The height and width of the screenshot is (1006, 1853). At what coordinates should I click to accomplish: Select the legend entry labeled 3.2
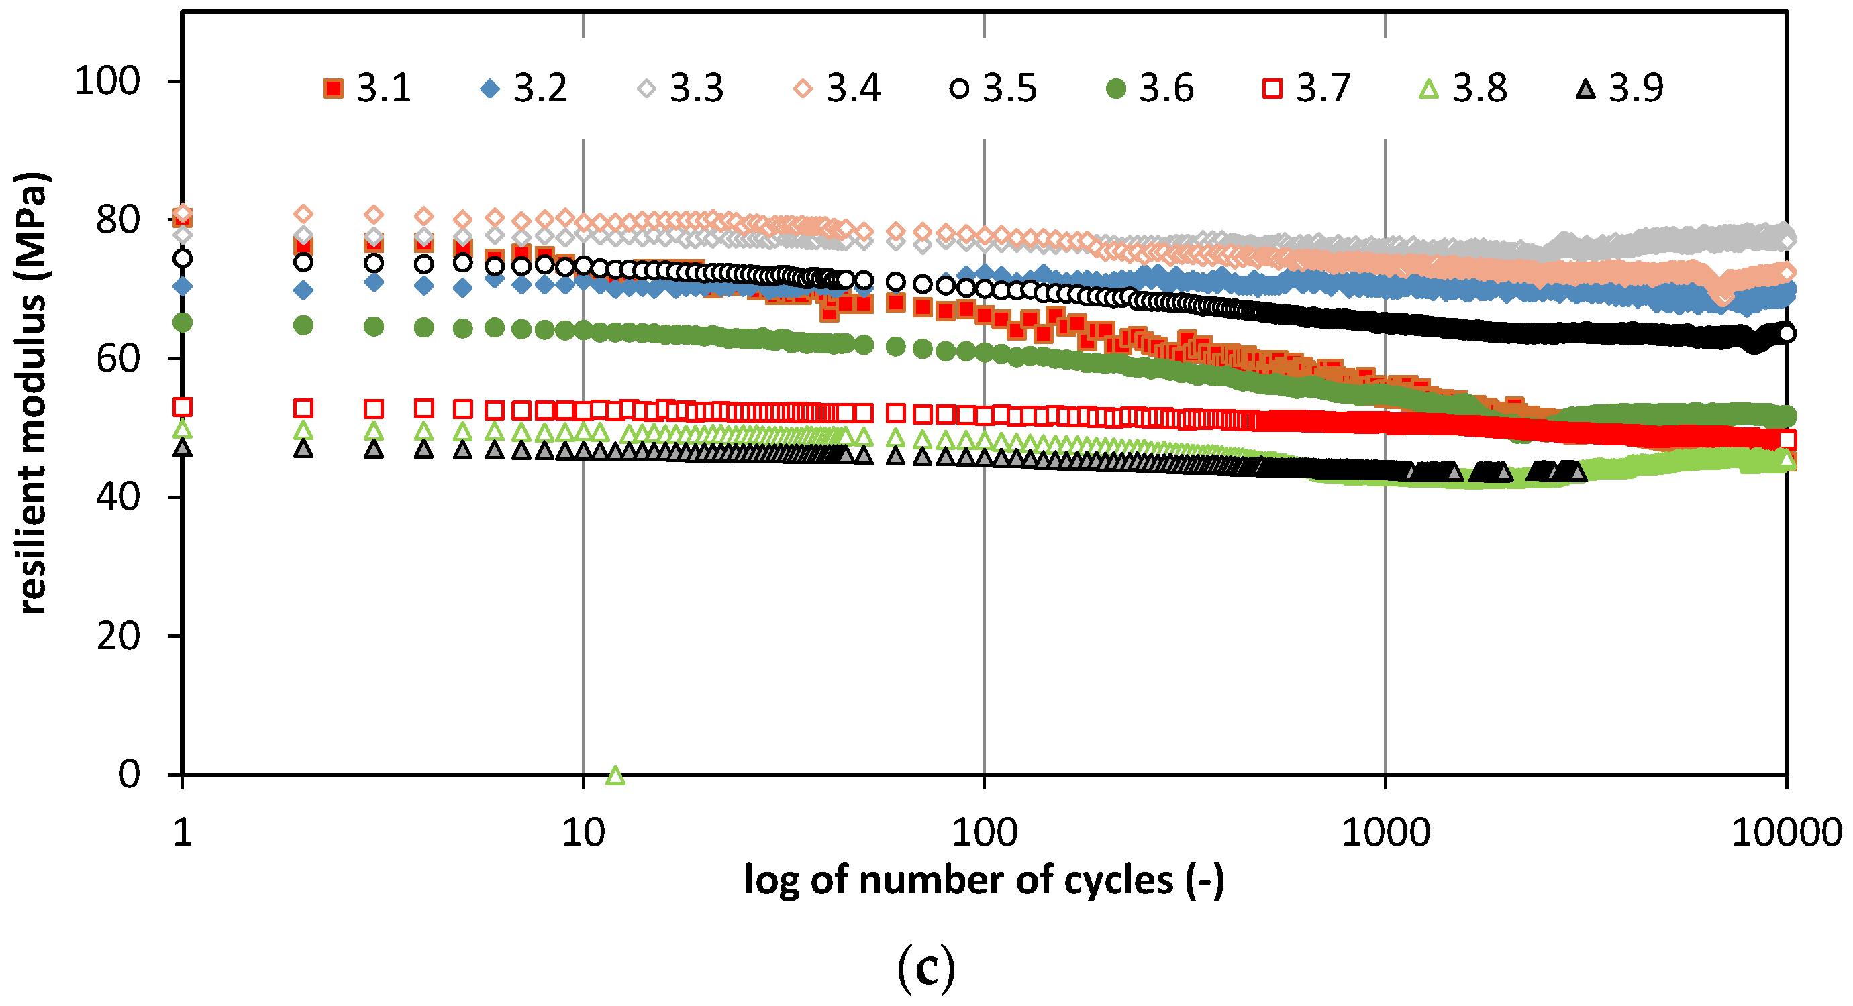524,89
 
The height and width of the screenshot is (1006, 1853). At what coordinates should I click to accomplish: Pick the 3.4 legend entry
838,89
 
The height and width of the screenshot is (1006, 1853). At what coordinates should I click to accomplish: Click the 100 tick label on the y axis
107,81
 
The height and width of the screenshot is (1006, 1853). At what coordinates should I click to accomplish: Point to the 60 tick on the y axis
118,358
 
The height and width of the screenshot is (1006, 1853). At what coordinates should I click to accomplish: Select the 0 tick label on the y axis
130,775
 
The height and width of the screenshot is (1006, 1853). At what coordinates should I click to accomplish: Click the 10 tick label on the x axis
583,833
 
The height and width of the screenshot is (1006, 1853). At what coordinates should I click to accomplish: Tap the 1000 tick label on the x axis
1385,833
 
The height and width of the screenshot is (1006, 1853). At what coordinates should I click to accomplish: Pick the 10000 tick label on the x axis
1785,833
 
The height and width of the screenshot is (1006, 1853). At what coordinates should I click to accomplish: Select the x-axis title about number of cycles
983,880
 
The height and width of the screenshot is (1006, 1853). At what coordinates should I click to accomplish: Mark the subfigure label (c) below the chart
926,968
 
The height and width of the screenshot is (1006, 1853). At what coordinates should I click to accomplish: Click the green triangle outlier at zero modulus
615,775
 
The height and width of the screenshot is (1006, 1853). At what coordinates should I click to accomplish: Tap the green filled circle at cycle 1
183,322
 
